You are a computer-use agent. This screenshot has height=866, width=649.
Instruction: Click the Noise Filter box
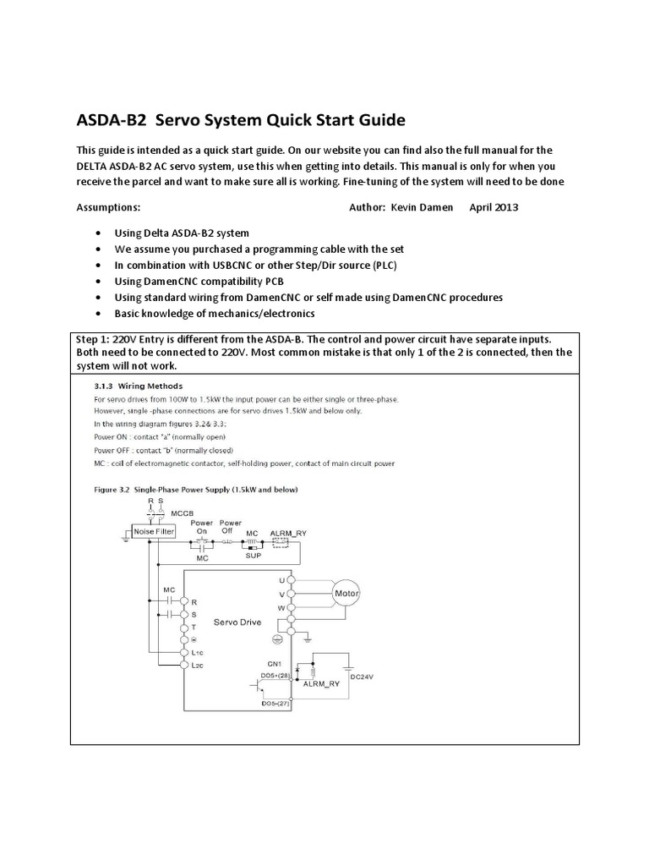pyautogui.click(x=152, y=532)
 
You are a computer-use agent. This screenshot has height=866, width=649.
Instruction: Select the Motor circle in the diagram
pyautogui.click(x=346, y=594)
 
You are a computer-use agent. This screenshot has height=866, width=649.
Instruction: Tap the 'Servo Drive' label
pyautogui.click(x=237, y=622)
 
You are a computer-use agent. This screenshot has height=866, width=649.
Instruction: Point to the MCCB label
pyautogui.click(x=183, y=514)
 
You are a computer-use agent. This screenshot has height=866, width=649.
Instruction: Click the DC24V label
pyautogui.click(x=362, y=677)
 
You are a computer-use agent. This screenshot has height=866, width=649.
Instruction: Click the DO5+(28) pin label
pyautogui.click(x=275, y=676)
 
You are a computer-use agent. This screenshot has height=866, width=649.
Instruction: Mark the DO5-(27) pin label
pyautogui.click(x=275, y=704)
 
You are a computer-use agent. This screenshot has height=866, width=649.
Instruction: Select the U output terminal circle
pyautogui.click(x=291, y=580)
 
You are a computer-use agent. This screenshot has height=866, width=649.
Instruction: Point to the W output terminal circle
pyautogui.click(x=291, y=607)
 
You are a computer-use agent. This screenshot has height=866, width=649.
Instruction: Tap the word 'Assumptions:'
pyautogui.click(x=108, y=207)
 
